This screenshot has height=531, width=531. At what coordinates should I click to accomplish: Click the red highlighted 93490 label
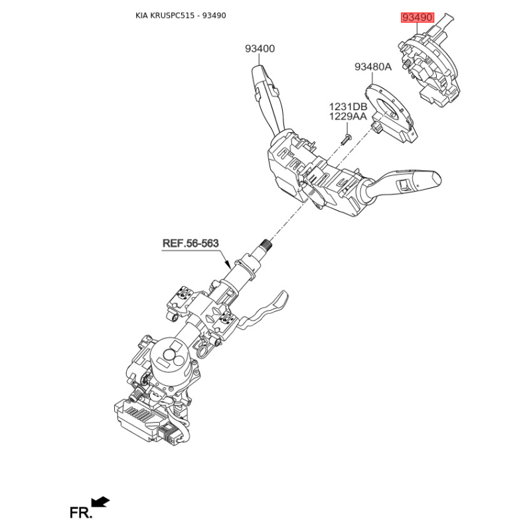[x=417, y=17]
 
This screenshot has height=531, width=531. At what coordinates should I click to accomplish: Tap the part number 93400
[x=260, y=48]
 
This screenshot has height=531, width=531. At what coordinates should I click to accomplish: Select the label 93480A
[x=373, y=67]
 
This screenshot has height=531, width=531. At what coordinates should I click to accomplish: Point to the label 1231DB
[x=348, y=107]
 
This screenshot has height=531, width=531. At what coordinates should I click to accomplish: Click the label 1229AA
[x=348, y=117]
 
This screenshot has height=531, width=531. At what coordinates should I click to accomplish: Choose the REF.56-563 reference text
[x=190, y=243]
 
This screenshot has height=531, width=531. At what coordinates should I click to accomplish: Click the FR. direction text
[x=80, y=512]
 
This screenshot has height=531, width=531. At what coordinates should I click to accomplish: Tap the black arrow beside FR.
[x=100, y=502]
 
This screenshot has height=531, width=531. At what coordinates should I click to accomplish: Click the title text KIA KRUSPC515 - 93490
[x=181, y=15]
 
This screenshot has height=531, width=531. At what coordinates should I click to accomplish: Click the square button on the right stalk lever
[x=404, y=185]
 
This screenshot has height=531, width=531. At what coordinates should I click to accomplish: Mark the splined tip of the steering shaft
[x=267, y=243]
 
